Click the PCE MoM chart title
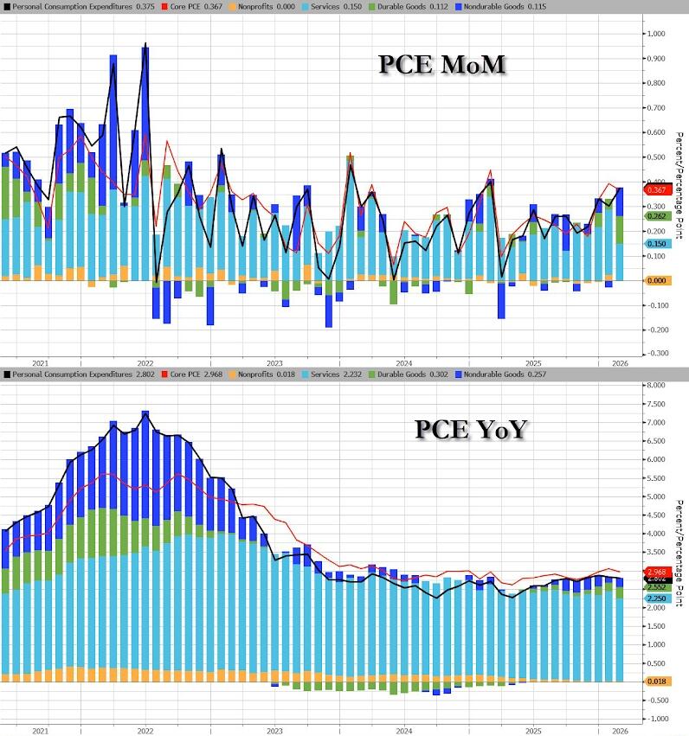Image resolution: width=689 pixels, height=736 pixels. (442, 66)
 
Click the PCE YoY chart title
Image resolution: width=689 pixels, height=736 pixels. (469, 428)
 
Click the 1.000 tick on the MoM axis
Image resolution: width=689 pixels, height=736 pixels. (657, 34)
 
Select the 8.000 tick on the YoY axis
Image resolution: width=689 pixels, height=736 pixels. (658, 385)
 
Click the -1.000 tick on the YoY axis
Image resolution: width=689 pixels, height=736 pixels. (657, 719)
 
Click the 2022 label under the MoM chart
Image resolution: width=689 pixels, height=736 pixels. (144, 364)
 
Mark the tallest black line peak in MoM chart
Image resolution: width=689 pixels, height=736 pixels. (145, 44)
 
